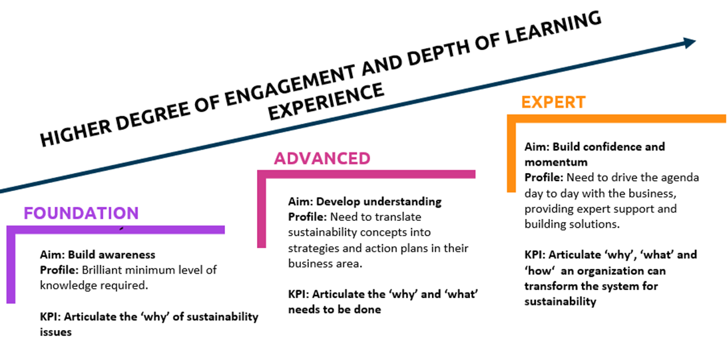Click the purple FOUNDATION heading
pos(81,213)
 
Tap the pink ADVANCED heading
pos(322,158)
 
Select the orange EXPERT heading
pos(553,102)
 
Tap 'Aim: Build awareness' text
pos(97,254)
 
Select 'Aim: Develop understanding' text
pos(365,201)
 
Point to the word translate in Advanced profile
pos(399,217)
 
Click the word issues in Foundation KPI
pos(56,331)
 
